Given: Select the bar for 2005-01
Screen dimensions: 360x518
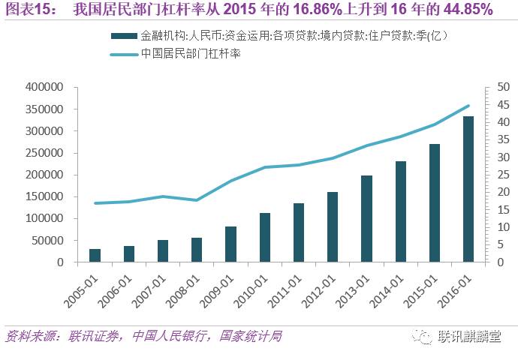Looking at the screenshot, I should tap(95, 255).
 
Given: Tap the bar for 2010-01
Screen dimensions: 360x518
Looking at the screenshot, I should tap(265, 237).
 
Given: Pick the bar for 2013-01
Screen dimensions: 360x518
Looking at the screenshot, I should tap(366, 218).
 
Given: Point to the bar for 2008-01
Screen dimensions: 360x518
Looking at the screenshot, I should tap(197, 250).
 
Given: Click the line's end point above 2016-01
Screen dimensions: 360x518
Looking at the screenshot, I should tap(468, 106).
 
